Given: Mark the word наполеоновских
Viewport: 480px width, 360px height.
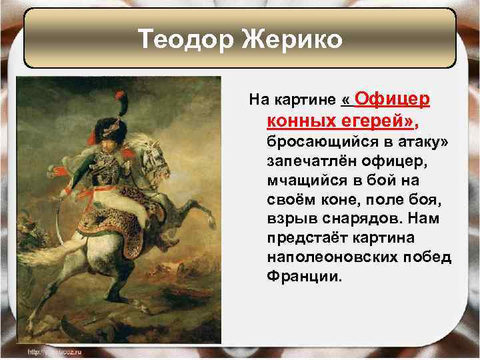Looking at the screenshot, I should pyautogui.click(x=332, y=257).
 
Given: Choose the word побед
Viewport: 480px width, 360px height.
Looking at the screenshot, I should pyautogui.click(x=426, y=257).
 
